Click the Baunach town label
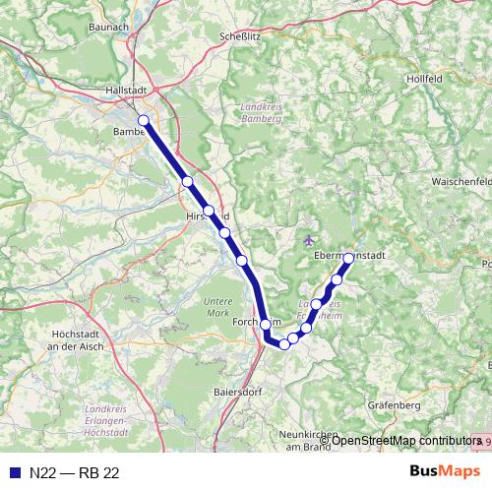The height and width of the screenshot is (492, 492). coord(108,27)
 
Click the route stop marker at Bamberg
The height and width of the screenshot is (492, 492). coord(144,121)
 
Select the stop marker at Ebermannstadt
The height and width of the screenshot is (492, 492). coord(347,259)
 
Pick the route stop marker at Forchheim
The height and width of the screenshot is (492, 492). coord(266,324)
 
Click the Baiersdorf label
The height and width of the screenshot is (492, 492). coord(236,392)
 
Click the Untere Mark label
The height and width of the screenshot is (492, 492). coord(217,306)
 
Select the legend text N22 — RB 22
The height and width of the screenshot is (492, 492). coord(74,472)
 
